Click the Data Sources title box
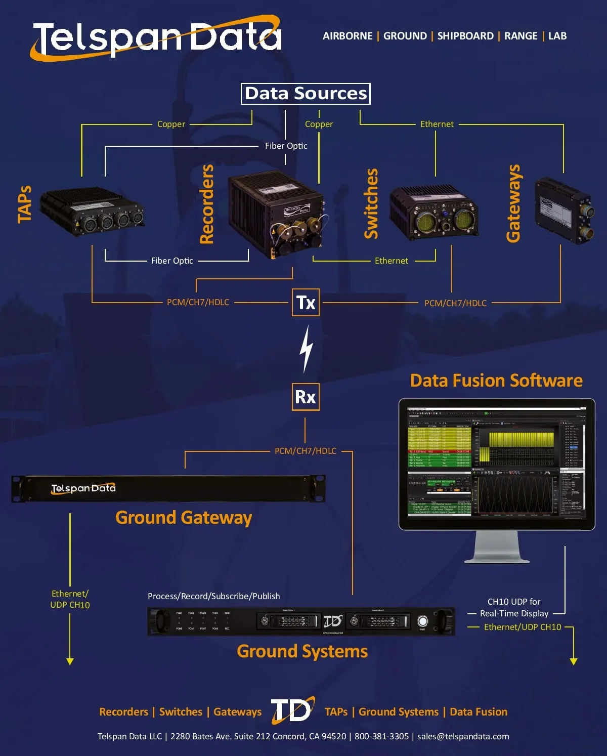point(306,94)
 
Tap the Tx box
point(306,303)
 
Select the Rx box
point(306,397)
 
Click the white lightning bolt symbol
point(306,349)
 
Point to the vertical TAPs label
point(25,204)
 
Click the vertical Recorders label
point(207,204)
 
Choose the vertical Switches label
point(371,203)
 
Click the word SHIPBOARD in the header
point(465,36)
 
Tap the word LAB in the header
point(557,36)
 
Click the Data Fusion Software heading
point(496,381)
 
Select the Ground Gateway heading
point(184,518)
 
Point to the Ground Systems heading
point(302,651)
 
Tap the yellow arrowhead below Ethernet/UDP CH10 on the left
point(70,661)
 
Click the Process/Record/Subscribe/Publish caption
point(213,596)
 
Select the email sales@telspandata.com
point(463,736)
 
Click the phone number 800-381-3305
point(381,736)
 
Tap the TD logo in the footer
point(292,710)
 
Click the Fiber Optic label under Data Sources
point(286,146)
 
